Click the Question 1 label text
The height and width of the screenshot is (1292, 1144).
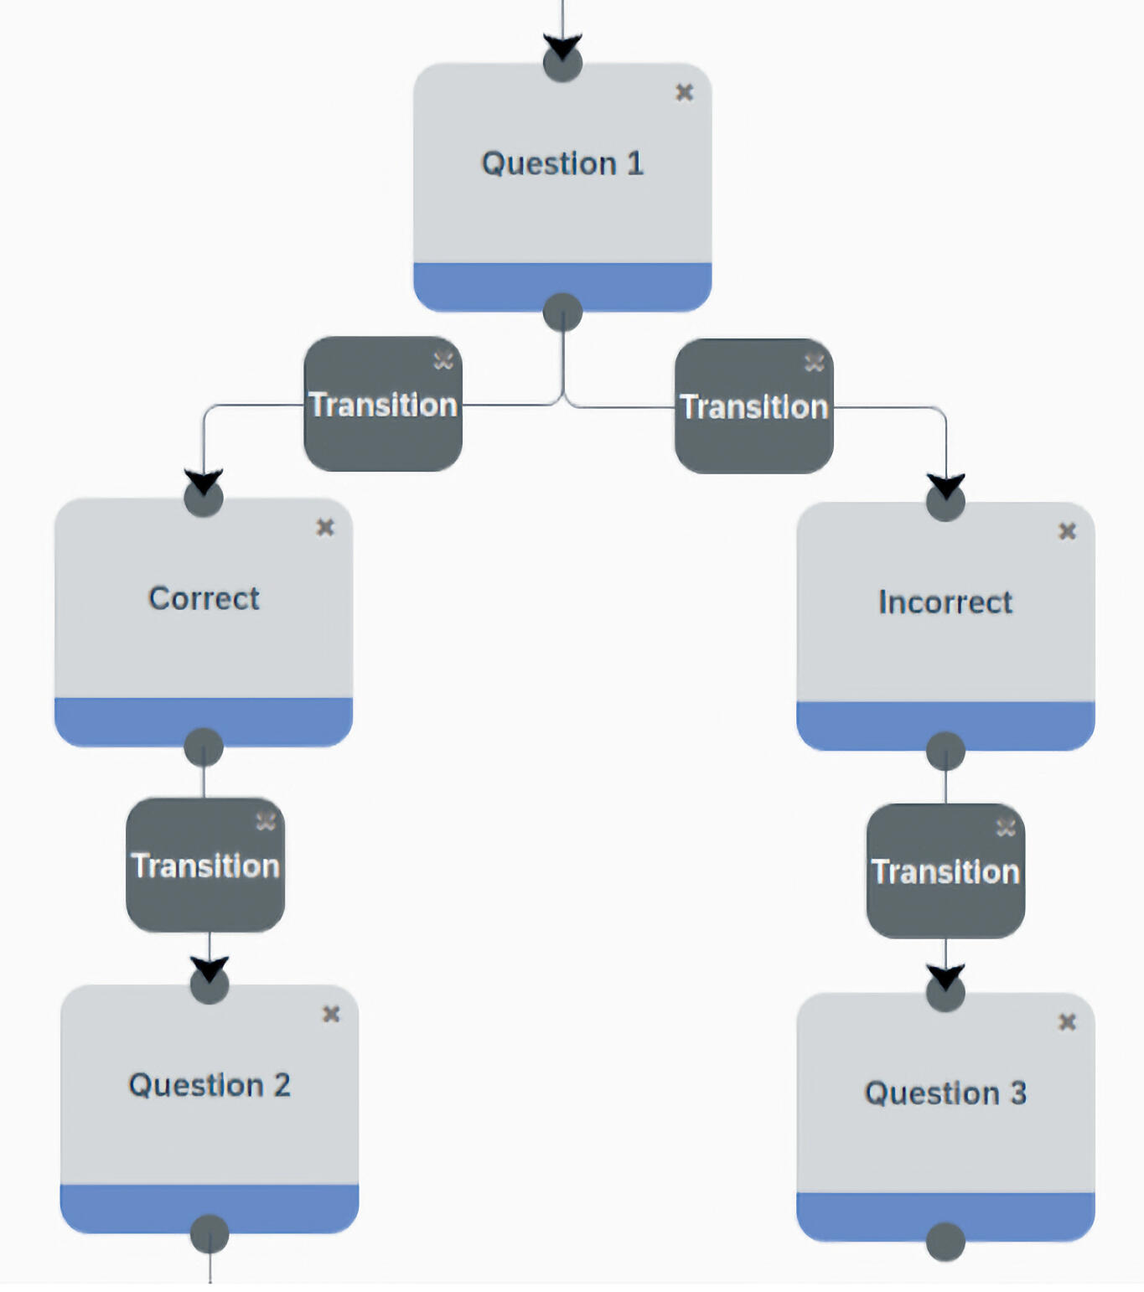[562, 163]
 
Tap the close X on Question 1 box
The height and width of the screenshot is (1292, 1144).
[684, 92]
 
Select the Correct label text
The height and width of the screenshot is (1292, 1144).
[204, 598]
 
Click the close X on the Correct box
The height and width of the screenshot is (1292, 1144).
[325, 527]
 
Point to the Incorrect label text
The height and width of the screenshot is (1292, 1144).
[945, 602]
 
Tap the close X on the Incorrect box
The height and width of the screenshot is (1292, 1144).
[1067, 531]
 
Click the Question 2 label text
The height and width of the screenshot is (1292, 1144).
[210, 1085]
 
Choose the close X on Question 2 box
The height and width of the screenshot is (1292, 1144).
[331, 1015]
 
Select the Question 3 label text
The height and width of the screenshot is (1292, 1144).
[945, 1093]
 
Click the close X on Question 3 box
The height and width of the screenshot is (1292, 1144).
[1067, 1022]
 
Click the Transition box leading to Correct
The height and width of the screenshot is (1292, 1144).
[383, 405]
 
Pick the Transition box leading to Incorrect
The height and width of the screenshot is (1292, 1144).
[753, 406]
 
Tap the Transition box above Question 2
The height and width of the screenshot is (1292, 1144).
[205, 866]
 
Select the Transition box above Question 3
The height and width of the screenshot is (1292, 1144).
[945, 871]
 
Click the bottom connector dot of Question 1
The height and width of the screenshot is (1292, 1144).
[562, 313]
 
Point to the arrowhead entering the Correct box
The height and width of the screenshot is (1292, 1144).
[204, 483]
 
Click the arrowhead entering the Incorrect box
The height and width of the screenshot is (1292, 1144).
[945, 487]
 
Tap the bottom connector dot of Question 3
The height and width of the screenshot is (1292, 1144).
[945, 1241]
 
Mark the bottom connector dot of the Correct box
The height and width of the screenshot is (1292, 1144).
[204, 747]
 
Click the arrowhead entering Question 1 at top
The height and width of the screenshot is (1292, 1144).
[562, 47]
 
